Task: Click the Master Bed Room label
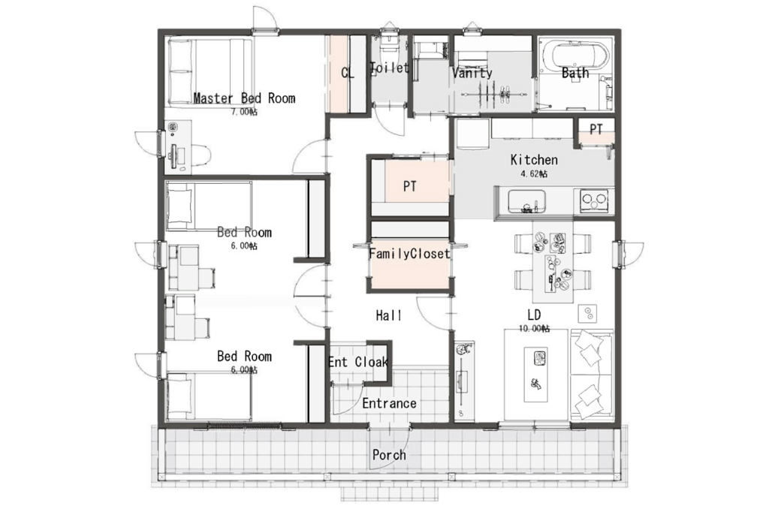244,98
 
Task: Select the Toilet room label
390,68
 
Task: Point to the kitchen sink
526,202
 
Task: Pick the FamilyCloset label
409,254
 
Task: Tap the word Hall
389,315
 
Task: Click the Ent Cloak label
358,362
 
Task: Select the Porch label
389,455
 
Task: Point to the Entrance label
390,403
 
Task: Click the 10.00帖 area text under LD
534,328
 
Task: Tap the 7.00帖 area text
244,112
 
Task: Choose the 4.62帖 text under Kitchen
534,173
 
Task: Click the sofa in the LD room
591,375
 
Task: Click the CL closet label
348,73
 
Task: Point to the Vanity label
472,73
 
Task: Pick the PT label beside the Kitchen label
596,129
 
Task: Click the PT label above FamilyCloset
409,186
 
